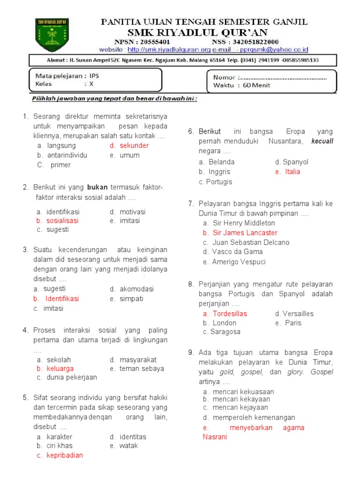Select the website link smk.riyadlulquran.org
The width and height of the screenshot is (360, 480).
(x=169, y=49)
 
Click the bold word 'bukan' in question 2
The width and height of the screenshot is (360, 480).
(x=97, y=187)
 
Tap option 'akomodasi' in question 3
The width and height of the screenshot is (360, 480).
(x=136, y=289)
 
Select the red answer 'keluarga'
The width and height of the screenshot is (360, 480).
(x=60, y=368)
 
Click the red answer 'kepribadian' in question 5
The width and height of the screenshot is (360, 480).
(x=65, y=455)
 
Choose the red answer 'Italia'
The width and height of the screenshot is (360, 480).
(x=292, y=172)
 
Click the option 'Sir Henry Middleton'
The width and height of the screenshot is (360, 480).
(x=244, y=223)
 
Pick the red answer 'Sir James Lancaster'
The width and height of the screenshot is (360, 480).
(x=245, y=232)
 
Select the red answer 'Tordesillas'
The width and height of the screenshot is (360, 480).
(x=229, y=314)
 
